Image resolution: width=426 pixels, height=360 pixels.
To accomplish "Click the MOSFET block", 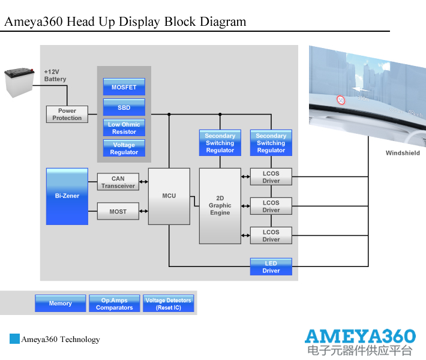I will pyautogui.click(x=124, y=87).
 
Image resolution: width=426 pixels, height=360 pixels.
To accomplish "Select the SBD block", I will pyautogui.click(x=124, y=107).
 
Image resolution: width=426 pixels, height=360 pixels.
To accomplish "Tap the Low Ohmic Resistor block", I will pyautogui.click(x=124, y=128).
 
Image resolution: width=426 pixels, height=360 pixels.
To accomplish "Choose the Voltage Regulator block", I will pyautogui.click(x=124, y=148).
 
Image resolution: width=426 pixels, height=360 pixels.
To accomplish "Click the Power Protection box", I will pyautogui.click(x=67, y=114).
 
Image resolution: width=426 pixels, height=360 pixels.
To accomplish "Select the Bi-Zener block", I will pyautogui.click(x=67, y=196).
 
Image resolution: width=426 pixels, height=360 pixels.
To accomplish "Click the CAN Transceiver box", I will pyautogui.click(x=118, y=182).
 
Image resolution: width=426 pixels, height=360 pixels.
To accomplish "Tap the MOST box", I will pyautogui.click(x=118, y=211).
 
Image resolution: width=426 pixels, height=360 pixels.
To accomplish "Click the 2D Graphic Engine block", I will pyautogui.click(x=220, y=206).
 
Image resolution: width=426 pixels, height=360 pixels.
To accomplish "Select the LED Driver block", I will pyautogui.click(x=271, y=266).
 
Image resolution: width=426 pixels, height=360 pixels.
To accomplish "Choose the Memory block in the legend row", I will pyautogui.click(x=60, y=303).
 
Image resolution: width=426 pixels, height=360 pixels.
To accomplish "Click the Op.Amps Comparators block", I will pyautogui.click(x=114, y=303).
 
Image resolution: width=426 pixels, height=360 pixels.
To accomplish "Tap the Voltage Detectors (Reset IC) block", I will pyautogui.click(x=168, y=303).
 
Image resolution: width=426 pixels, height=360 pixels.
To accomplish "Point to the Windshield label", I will pyautogui.click(x=403, y=153).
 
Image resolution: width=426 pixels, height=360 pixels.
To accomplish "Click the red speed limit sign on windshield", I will pyautogui.click(x=341, y=100).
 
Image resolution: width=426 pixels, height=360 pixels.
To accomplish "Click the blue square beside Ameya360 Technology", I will pyautogui.click(x=14, y=339).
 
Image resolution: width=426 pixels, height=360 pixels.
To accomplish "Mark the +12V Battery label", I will pyautogui.click(x=55, y=75).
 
